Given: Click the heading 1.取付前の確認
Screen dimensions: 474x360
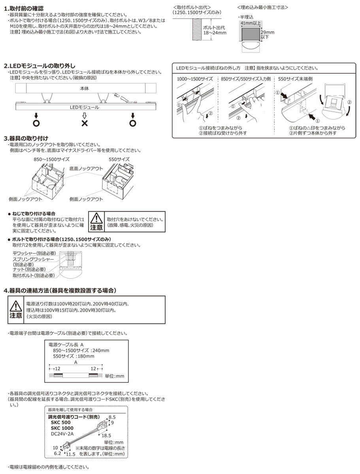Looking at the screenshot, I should pyautogui.click(x=24, y=8).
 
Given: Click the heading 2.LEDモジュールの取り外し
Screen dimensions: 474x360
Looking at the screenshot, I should pyautogui.click(x=40, y=66).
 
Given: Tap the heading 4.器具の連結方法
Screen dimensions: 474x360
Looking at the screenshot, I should pyautogui.click(x=60, y=290).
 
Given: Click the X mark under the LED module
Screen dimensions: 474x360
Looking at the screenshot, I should pyautogui.click(x=84, y=123).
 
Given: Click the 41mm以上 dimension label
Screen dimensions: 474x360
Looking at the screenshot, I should pyautogui.click(x=250, y=24).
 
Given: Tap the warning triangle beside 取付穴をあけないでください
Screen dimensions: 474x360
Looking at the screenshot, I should pyautogui.click(x=96, y=218).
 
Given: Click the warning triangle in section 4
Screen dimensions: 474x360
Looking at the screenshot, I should pyautogui.click(x=16, y=307).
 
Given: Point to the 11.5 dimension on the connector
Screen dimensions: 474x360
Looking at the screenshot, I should pyautogui.click(x=71, y=455).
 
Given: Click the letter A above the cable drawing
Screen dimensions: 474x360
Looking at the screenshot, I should pyautogui.click(x=75, y=361).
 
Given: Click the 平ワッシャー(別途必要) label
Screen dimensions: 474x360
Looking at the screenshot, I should pyautogui.click(x=34, y=253).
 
